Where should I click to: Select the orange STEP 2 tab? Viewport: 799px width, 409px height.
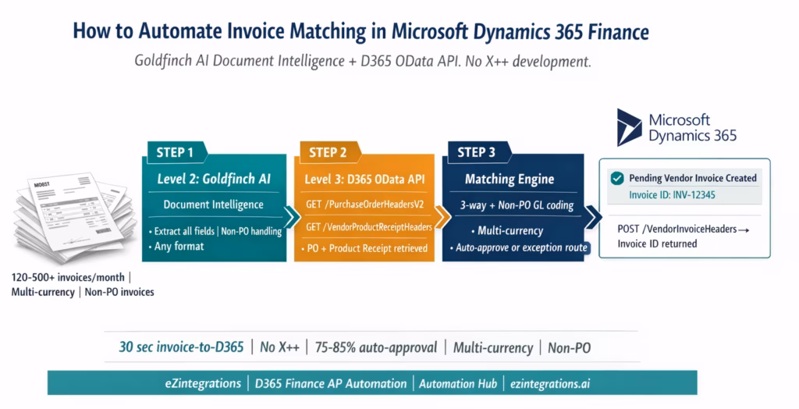[328, 151]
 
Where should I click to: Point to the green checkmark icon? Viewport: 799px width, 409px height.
[616, 178]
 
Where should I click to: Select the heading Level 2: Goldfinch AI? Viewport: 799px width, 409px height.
[213, 179]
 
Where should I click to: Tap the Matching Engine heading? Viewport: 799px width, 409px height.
[510, 179]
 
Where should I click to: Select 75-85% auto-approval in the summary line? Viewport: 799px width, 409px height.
[377, 348]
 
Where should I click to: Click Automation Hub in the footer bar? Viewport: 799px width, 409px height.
[457, 383]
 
